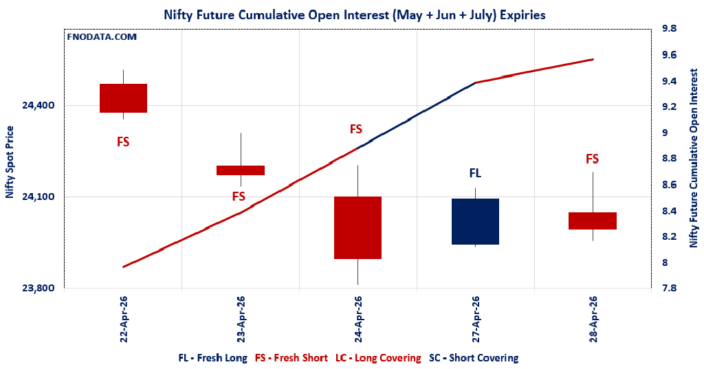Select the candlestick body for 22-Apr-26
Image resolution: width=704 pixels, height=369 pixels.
123,98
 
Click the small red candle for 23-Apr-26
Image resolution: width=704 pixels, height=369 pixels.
241,170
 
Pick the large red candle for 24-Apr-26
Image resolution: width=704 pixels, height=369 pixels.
357,227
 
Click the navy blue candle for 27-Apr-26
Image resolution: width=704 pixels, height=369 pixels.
475,221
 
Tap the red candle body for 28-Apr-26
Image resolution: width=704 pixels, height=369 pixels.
592,221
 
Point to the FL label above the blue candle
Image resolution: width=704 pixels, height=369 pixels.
475,174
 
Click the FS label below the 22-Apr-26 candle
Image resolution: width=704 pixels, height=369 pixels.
123,142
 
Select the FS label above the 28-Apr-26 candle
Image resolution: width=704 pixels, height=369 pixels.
592,159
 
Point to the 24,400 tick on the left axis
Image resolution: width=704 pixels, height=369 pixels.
38,105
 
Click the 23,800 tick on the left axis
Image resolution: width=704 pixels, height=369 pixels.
38,289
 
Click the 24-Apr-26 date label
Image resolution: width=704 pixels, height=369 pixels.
358,319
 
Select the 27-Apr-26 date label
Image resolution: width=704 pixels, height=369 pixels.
475,319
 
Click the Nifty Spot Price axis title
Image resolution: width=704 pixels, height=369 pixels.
10,162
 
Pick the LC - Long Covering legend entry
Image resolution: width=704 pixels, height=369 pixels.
378,358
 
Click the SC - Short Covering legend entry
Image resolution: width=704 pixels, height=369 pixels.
474,358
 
